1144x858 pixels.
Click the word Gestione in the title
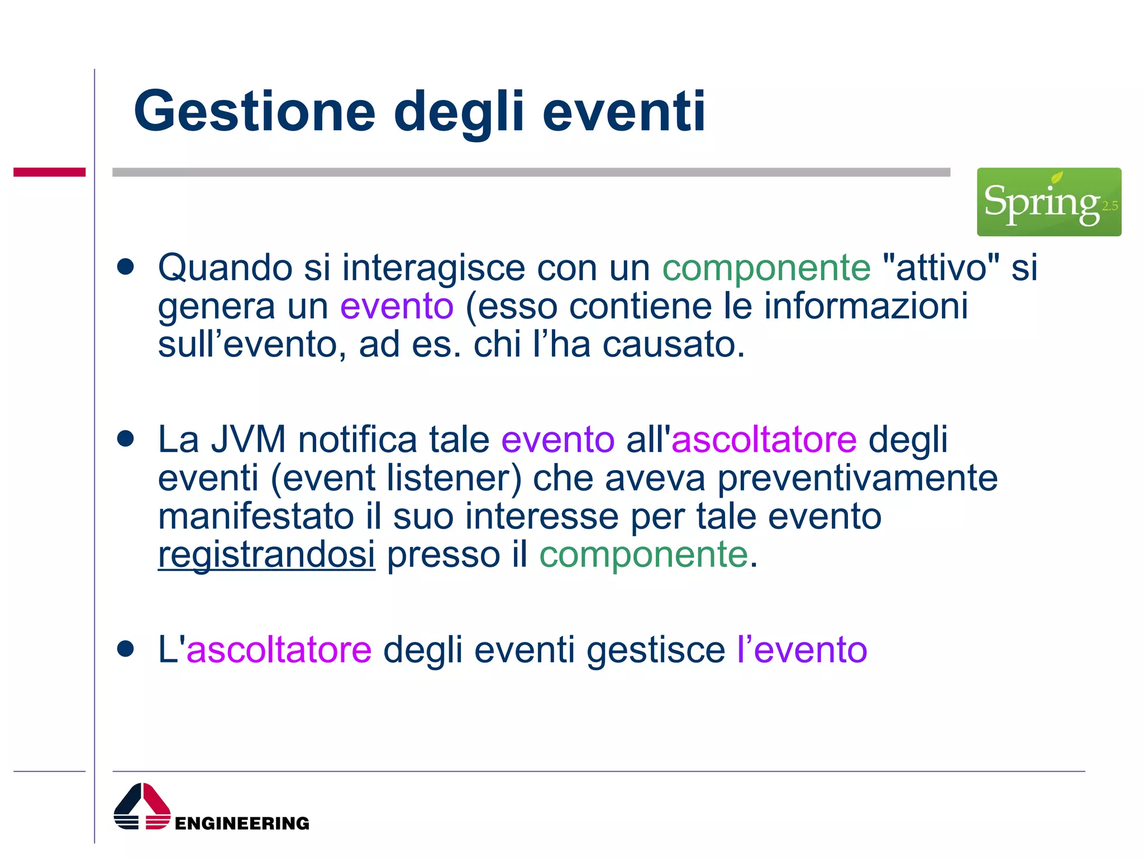point(255,112)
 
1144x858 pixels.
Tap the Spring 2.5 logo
point(1048,202)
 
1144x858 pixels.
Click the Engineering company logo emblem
point(142,806)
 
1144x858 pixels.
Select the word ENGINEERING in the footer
point(242,823)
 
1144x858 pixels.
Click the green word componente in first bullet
point(766,268)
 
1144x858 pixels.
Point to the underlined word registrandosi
point(266,555)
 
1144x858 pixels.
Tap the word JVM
point(248,439)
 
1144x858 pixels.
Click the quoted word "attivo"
point(941,268)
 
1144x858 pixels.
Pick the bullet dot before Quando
point(126,266)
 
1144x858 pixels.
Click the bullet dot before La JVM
point(126,438)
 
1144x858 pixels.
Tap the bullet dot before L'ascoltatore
point(126,649)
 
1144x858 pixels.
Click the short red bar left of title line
point(49,172)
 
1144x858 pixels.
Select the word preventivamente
point(857,478)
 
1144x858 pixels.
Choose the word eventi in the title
point(624,112)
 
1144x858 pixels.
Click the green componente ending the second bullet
point(643,555)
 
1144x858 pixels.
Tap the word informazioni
point(865,306)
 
